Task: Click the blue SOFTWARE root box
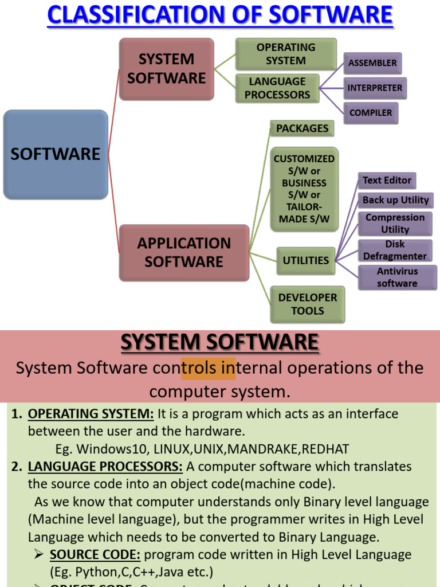pos(56,154)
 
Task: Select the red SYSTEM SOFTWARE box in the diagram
pos(166,69)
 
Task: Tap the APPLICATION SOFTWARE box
pos(184,253)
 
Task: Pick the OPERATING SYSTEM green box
pos(285,54)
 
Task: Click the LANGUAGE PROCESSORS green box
pos(277,88)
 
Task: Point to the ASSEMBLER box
pos(372,63)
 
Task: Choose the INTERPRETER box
pos(375,88)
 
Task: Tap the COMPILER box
pos(371,113)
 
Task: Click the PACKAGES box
pos(302,128)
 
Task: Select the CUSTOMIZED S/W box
pos(304,189)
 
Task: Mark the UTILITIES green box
pos(305,260)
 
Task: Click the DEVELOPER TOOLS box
pos(308,304)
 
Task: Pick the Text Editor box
pos(387,181)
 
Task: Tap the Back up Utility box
pos(395,200)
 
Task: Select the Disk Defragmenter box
pos(395,251)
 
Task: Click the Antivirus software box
pos(397,277)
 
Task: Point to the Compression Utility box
pos(395,224)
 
